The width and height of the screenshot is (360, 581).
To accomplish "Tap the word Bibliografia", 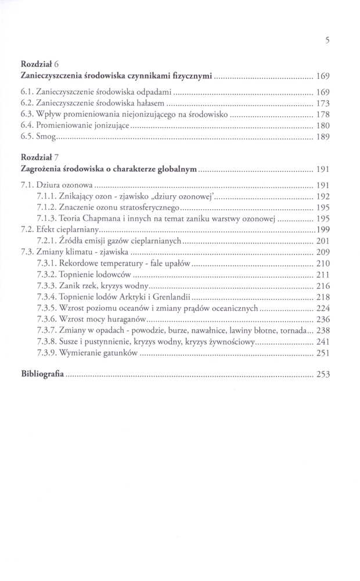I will point(42,374).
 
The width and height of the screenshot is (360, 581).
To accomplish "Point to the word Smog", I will point(48,137).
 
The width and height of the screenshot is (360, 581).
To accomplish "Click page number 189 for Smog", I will point(323,138).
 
